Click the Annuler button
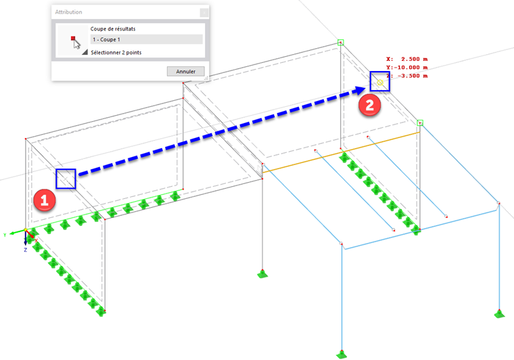(x=185, y=71)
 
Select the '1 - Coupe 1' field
(x=146, y=39)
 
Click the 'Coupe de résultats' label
(x=113, y=29)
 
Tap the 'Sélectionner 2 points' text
(x=116, y=53)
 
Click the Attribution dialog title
(x=68, y=12)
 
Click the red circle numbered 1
(x=44, y=200)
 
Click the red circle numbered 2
(x=369, y=105)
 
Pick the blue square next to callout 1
(x=66, y=179)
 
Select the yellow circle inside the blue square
(x=380, y=83)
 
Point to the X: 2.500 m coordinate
(x=407, y=59)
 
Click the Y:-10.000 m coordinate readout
(x=407, y=67)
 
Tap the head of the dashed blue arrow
(x=366, y=89)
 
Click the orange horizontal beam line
(x=341, y=152)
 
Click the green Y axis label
(x=5, y=235)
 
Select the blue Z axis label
(x=25, y=250)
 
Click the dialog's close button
(x=204, y=12)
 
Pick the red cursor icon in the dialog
(x=75, y=43)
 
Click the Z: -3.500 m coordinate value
(x=407, y=76)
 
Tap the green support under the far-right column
(x=500, y=313)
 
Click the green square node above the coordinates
(x=341, y=43)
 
